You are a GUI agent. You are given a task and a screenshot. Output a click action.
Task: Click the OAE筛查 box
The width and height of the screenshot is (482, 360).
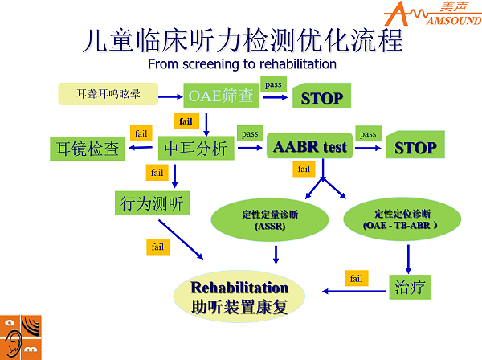(221, 96)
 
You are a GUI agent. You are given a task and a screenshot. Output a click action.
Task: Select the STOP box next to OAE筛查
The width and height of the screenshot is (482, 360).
(321, 98)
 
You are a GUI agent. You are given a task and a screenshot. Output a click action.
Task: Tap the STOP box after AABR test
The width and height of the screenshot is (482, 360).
(415, 147)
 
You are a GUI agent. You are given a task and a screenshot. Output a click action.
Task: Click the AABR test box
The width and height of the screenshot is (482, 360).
(309, 147)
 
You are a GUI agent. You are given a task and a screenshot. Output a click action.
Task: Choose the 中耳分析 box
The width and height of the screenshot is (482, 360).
(196, 149)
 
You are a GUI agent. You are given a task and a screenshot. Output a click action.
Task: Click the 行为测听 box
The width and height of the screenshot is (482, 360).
(151, 202)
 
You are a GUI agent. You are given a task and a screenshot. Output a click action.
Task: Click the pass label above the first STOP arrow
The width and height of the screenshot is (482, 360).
(272, 84)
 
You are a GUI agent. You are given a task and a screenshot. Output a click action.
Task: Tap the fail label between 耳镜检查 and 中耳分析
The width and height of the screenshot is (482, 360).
(141, 133)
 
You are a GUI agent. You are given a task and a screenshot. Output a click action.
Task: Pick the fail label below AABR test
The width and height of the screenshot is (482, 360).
(304, 169)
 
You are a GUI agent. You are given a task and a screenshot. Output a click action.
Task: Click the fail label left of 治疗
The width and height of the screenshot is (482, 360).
(357, 278)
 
